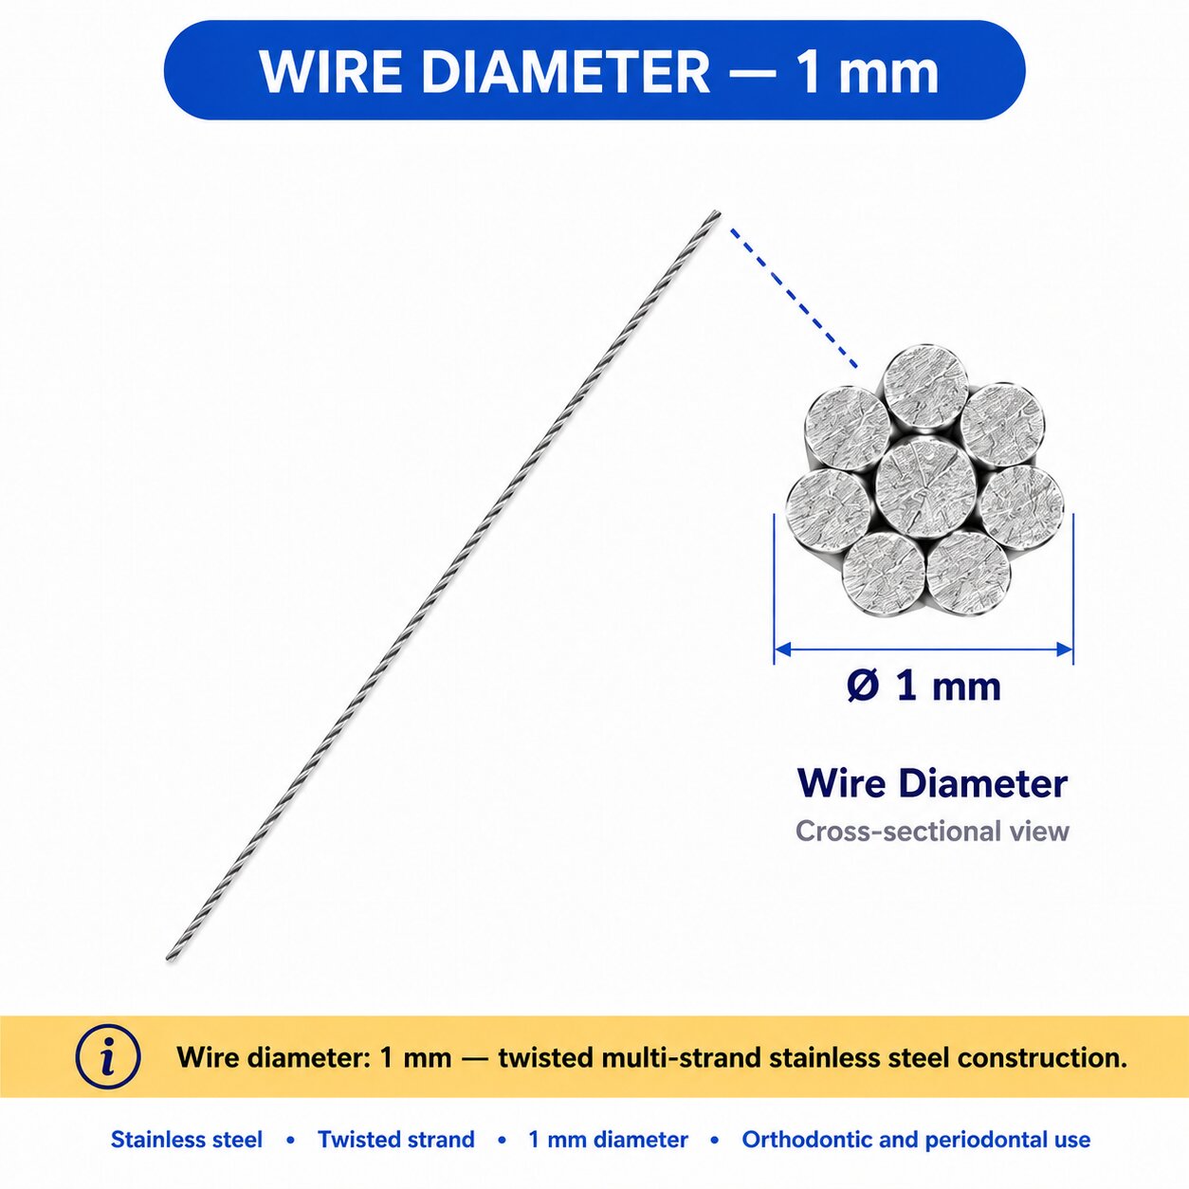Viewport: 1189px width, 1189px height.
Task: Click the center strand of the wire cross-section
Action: click(924, 485)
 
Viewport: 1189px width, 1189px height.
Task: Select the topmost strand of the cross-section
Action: click(925, 388)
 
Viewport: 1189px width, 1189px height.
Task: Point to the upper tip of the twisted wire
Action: click(718, 212)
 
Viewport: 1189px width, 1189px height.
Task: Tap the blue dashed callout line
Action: click(794, 298)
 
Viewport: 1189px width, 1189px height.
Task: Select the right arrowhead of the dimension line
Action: click(1065, 649)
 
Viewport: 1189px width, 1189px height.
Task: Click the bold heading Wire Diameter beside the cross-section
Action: click(932, 783)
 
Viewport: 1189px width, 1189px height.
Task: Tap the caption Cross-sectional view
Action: click(932, 832)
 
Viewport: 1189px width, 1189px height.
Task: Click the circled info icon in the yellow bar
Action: click(108, 1057)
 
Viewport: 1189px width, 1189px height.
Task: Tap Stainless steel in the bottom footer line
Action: click(187, 1140)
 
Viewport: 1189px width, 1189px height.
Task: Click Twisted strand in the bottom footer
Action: click(396, 1140)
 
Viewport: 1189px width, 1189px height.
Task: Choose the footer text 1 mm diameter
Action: click(609, 1140)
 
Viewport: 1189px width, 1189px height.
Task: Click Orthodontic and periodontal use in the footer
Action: click(916, 1140)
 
